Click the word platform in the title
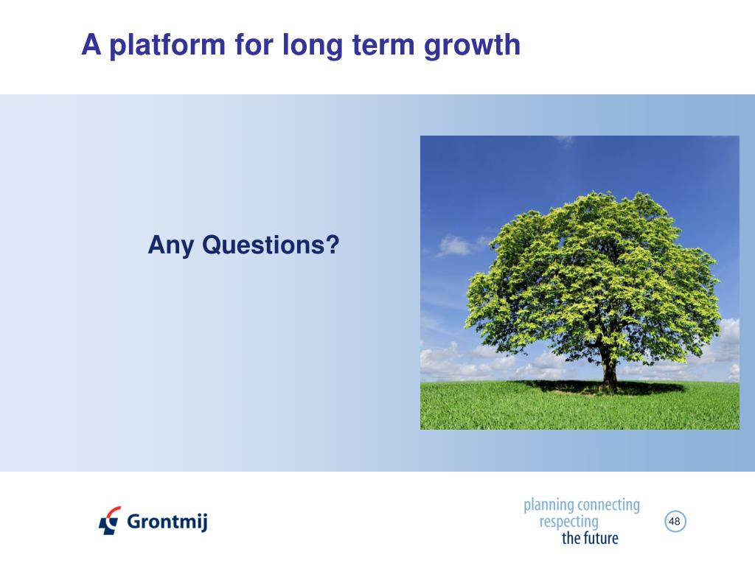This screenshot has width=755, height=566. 167,45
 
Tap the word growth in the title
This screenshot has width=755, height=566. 472,45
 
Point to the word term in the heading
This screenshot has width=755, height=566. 383,45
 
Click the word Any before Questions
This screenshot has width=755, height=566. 171,245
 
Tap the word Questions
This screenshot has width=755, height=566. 265,245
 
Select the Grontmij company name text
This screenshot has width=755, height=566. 167,521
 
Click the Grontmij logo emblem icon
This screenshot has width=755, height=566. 110,521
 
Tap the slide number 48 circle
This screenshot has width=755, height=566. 675,521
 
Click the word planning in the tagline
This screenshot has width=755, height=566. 549,506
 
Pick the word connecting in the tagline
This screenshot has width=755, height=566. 608,506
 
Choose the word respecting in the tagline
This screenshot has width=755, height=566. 568,523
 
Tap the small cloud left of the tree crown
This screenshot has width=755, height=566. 455,245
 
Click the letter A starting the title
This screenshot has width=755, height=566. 91,45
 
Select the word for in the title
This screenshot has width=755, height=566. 254,45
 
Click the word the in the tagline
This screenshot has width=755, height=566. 571,538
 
